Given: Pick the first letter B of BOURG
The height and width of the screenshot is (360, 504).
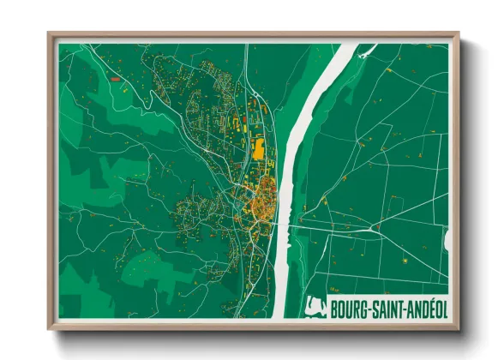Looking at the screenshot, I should [x=333, y=308].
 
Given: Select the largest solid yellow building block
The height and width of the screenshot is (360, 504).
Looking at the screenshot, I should [x=257, y=150].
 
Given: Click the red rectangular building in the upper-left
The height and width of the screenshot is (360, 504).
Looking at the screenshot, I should [x=115, y=78].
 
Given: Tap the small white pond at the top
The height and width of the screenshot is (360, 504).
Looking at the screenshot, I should [x=367, y=53].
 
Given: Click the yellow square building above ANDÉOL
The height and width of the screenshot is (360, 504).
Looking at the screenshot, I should [x=401, y=258].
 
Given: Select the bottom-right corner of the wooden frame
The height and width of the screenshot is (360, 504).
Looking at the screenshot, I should [x=458, y=328].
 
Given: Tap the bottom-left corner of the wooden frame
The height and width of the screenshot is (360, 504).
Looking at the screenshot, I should [x=50, y=328].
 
